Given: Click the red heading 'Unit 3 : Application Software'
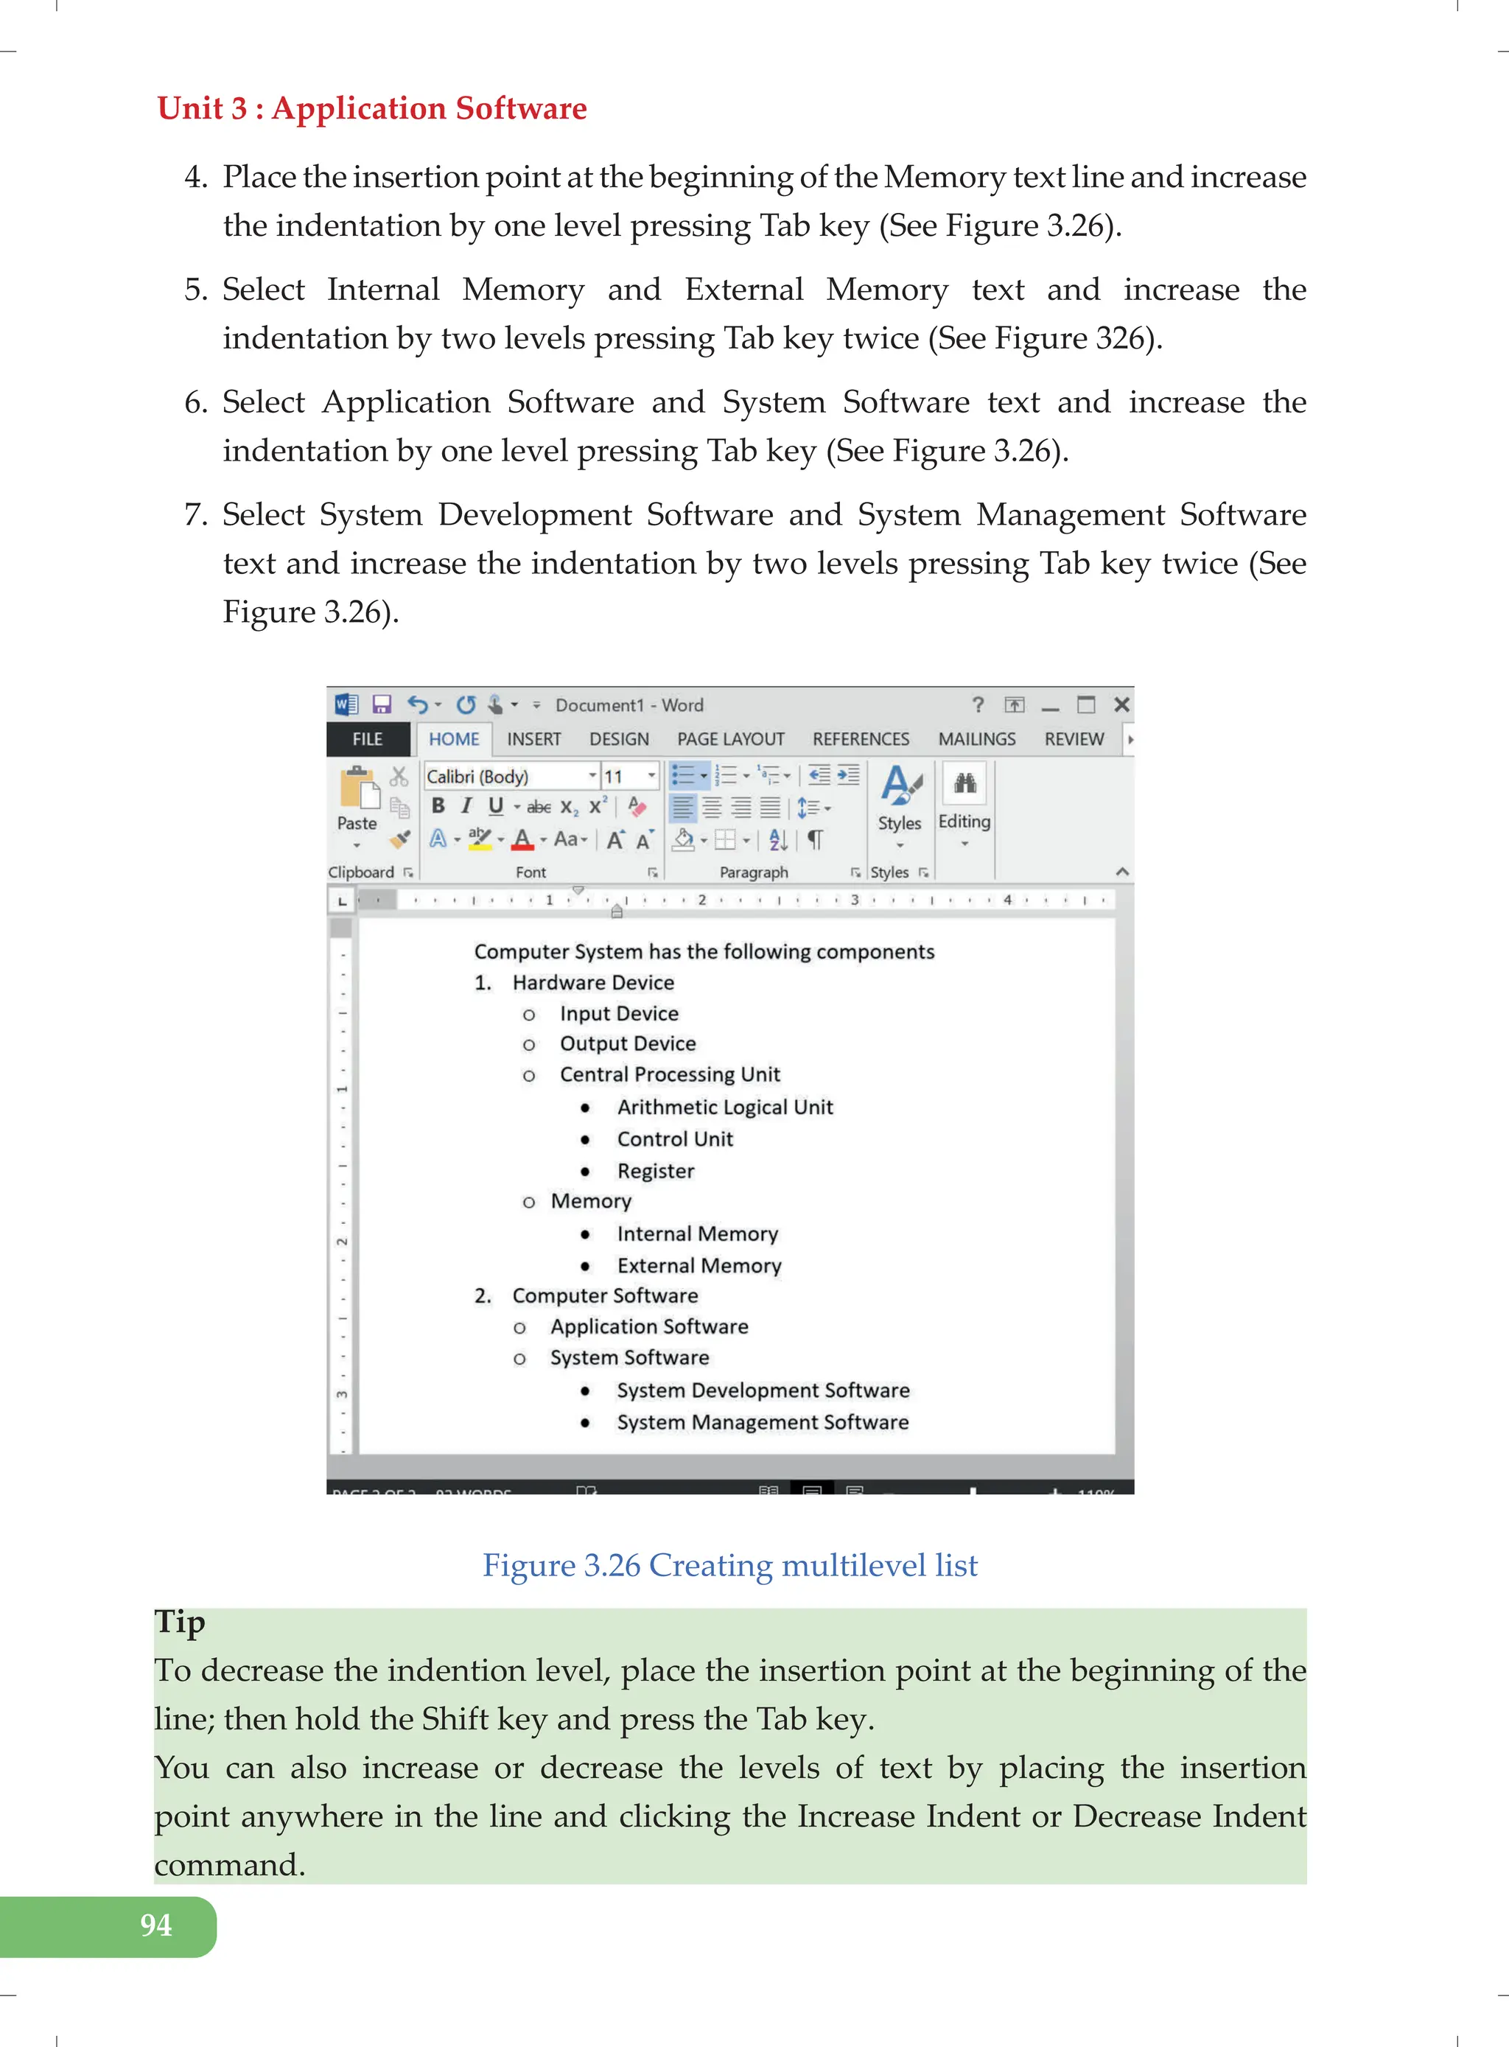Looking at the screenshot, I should tap(372, 108).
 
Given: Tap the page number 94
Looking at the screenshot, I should tap(155, 1925).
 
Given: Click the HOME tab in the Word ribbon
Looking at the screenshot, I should tap(454, 739).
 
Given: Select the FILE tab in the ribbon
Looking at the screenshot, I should tap(367, 739).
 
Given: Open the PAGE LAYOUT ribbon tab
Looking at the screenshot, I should tap(730, 739).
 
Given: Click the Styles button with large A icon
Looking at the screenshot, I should tap(900, 799).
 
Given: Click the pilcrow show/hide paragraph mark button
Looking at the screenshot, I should tap(815, 839).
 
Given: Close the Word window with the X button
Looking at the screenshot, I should tap(1121, 704).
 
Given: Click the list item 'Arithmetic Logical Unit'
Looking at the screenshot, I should tap(724, 1107).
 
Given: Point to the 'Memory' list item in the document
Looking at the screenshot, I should tap(591, 1201).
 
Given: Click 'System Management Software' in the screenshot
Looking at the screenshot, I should tap(763, 1422).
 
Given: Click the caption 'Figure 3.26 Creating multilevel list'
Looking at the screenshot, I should tap(730, 1564).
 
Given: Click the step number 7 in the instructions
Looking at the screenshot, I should tap(195, 515).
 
